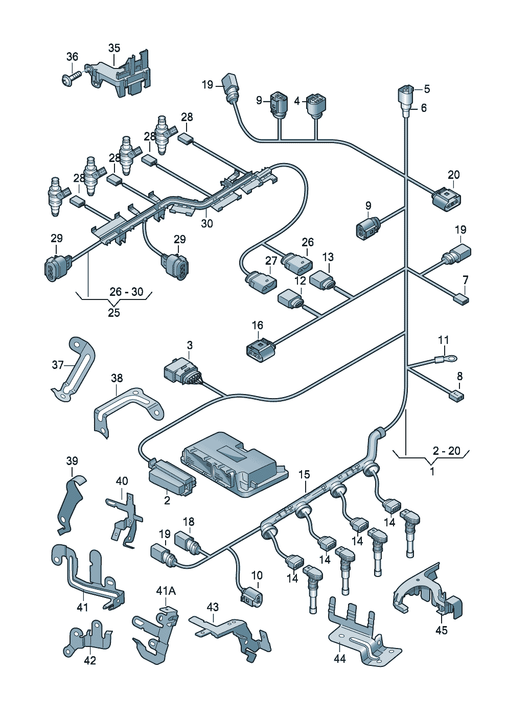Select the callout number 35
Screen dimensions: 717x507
114,48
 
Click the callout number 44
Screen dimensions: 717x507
339,659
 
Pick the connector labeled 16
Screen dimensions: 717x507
259,350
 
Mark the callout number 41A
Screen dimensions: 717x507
166,591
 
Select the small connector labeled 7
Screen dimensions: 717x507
462,299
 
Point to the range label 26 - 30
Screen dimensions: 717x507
126,292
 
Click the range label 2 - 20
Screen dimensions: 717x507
446,451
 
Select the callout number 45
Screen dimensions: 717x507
442,630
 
